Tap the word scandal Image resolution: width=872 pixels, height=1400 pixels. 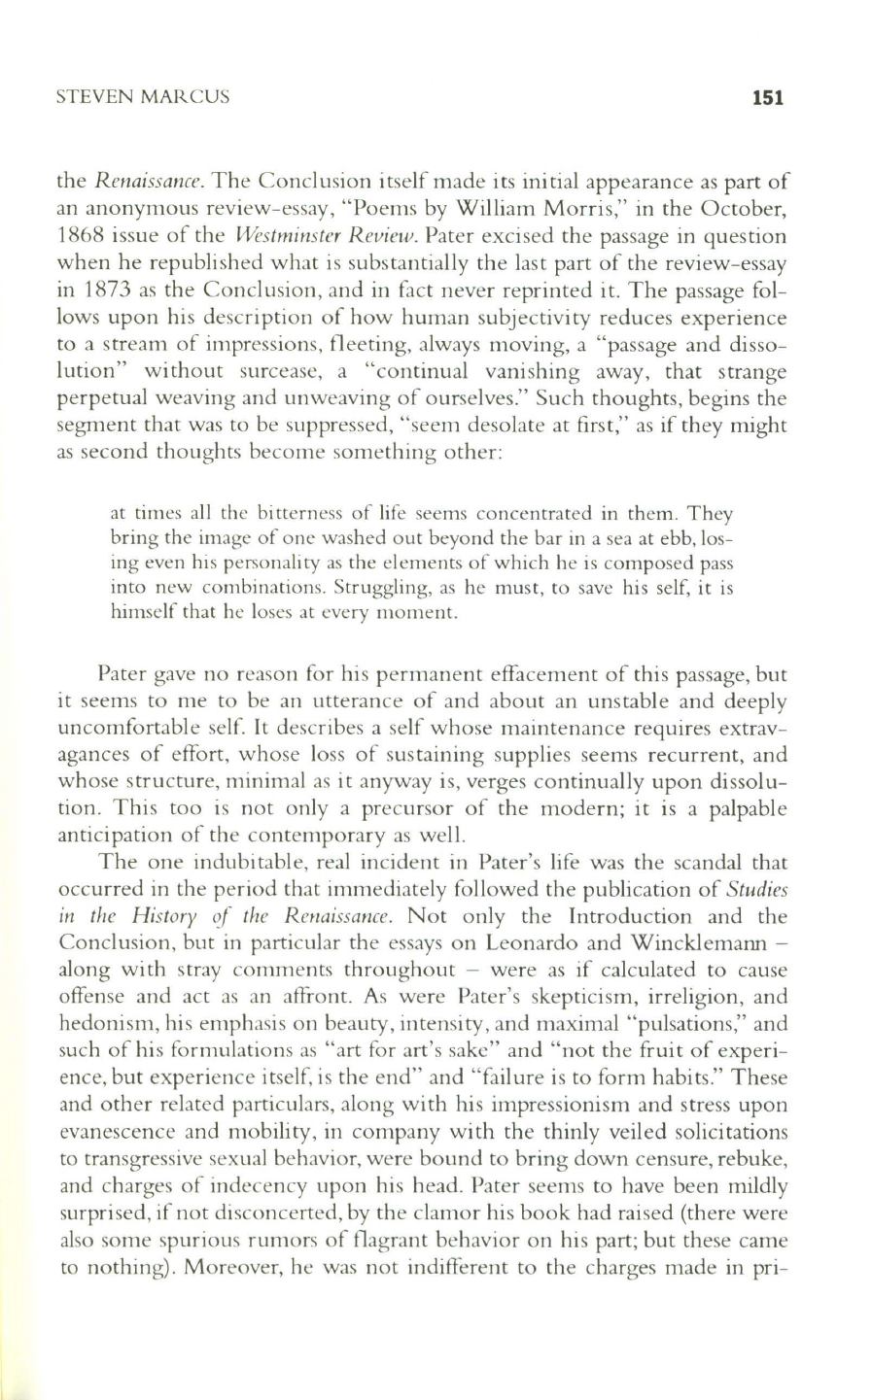[x=706, y=861]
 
